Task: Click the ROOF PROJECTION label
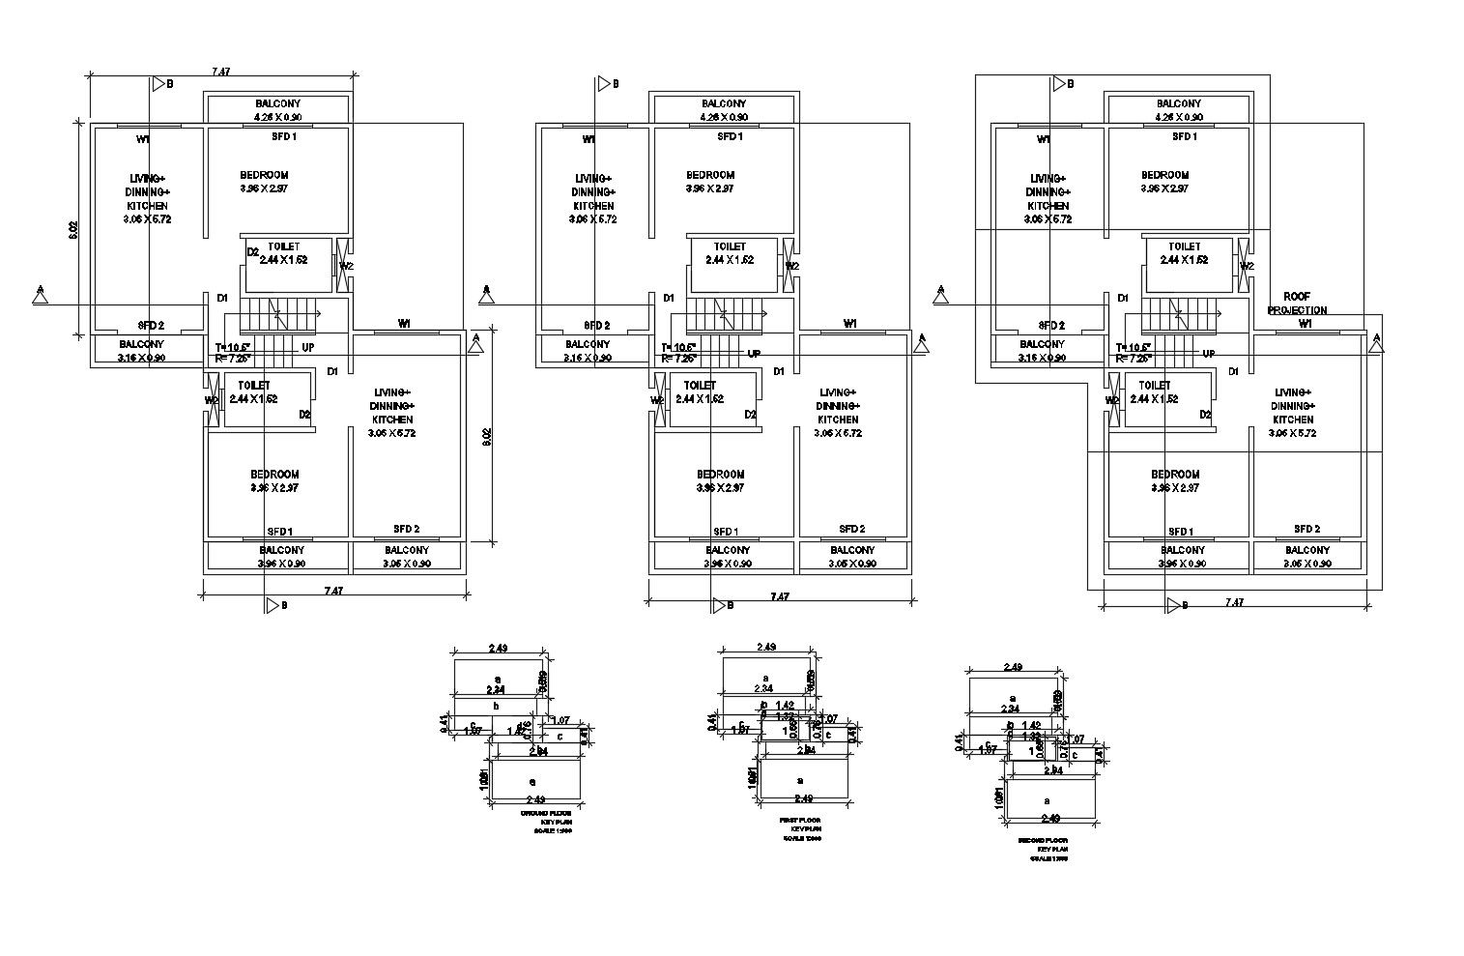(1297, 304)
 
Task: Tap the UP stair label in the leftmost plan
(307, 346)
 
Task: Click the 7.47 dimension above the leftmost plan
(221, 72)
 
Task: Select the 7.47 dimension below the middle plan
(780, 596)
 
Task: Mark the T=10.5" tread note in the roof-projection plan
(1133, 347)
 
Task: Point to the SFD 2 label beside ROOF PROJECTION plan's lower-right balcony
(1306, 529)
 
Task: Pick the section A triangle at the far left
(41, 295)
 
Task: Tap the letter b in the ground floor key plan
(496, 707)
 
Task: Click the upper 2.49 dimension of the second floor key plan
(1014, 667)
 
